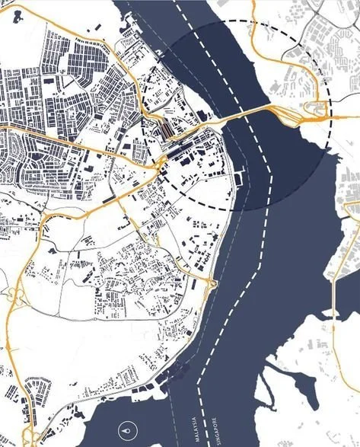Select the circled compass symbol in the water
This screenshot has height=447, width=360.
[x=126, y=432]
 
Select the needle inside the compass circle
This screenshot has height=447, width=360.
[x=126, y=431]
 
